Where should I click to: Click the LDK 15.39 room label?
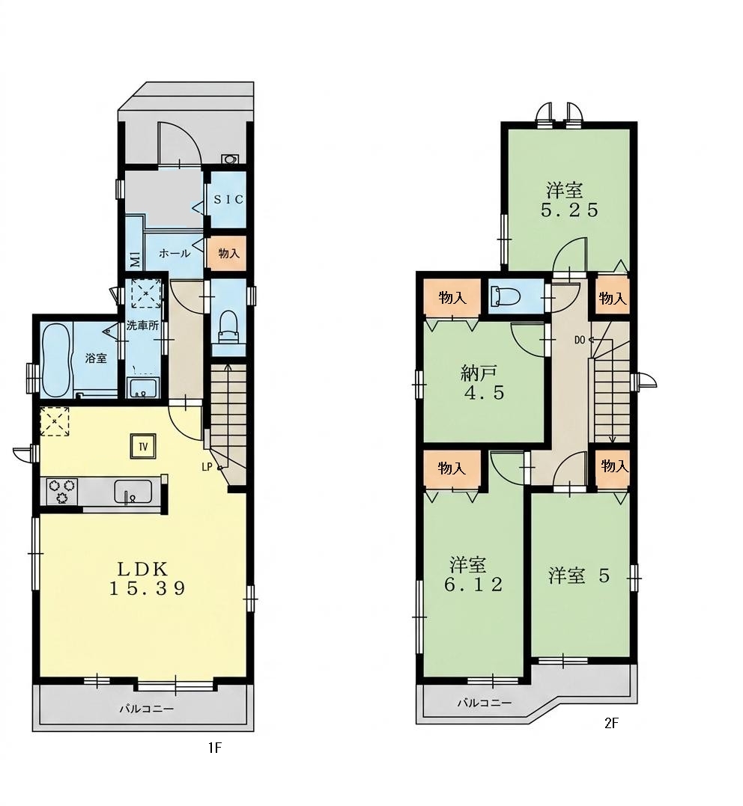(x=147, y=578)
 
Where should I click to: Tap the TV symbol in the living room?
(x=143, y=447)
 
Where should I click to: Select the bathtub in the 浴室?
(x=56, y=360)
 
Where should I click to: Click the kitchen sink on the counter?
(x=133, y=492)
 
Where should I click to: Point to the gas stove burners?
(x=61, y=491)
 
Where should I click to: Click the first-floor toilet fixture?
(x=228, y=329)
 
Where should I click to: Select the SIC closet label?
(x=228, y=200)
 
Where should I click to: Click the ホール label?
(x=175, y=254)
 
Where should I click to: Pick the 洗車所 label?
(x=142, y=326)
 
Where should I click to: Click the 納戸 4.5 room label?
(x=482, y=383)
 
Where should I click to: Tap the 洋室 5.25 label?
(x=569, y=201)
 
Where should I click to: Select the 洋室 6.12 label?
(x=473, y=575)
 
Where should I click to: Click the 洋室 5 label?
(x=579, y=576)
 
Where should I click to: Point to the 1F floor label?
(x=214, y=748)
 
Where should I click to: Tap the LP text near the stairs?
(x=207, y=467)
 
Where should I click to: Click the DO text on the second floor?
(x=580, y=340)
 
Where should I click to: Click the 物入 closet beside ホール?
(x=228, y=254)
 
